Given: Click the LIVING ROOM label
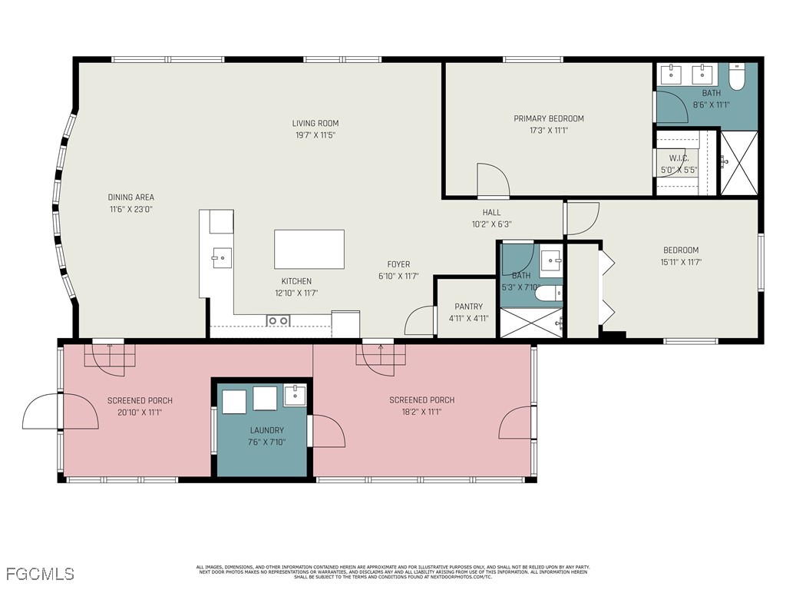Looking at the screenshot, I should point(315,123).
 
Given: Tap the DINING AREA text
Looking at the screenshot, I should point(130,197).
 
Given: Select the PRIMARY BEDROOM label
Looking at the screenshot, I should point(548,118).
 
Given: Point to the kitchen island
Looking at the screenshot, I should point(309,249).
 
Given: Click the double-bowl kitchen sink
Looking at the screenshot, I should point(277,320).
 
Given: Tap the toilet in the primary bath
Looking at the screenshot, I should point(737,77).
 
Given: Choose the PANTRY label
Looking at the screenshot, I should point(468,307).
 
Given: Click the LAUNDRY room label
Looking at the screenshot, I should point(266,430).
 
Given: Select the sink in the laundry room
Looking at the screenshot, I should point(295,396).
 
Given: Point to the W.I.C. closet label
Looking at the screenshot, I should point(679,158).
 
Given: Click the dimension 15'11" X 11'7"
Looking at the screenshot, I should point(681,262).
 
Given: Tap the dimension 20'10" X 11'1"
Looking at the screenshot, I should point(140,413).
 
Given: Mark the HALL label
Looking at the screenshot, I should point(491,213).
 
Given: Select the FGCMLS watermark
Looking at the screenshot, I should point(40,574).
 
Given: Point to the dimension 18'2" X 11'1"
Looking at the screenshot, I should point(421,412).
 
